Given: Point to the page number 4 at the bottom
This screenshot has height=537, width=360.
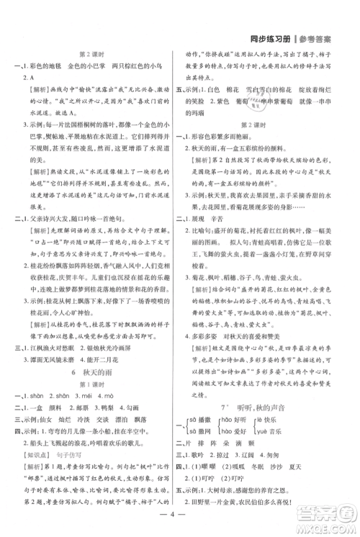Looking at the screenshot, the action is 179,515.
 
